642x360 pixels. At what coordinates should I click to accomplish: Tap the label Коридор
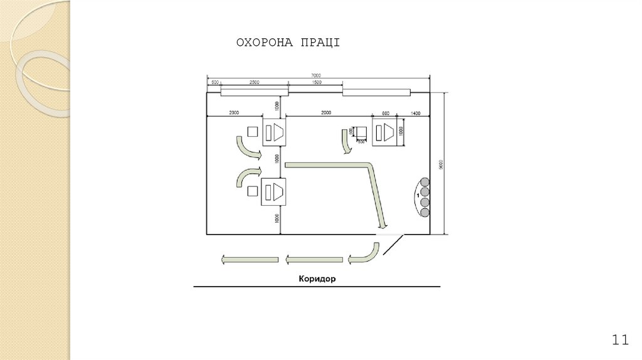(x=317, y=278)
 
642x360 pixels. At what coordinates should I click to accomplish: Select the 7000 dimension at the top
(x=318, y=75)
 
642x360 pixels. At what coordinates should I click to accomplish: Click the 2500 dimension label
(x=255, y=82)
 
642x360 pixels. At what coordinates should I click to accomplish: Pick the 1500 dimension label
(x=317, y=82)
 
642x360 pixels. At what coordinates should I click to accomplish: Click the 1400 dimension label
(x=414, y=114)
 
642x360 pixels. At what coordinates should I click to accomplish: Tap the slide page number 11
(x=619, y=340)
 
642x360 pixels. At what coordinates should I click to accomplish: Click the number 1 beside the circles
(x=417, y=196)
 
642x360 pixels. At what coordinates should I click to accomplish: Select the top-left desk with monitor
(x=274, y=132)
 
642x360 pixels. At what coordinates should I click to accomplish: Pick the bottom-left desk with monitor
(x=274, y=192)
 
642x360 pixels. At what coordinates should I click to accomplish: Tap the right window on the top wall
(x=376, y=93)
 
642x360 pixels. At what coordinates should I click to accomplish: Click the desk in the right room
(x=384, y=132)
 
